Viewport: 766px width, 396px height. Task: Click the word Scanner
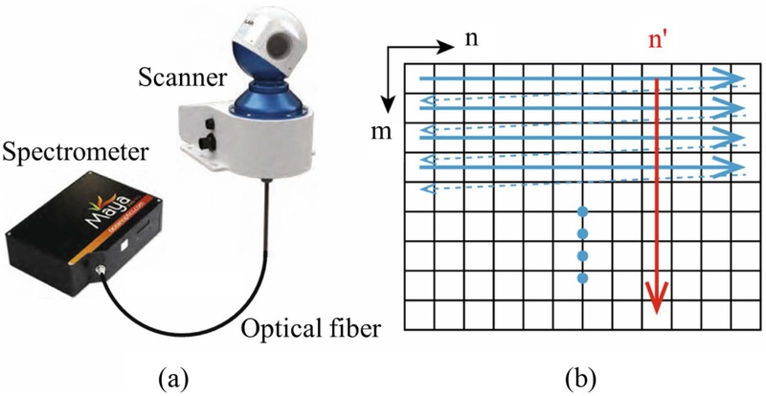point(171,75)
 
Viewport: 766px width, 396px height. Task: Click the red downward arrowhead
point(656,303)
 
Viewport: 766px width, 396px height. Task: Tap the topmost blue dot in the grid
point(582,209)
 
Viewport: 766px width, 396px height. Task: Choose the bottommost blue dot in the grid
point(582,278)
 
